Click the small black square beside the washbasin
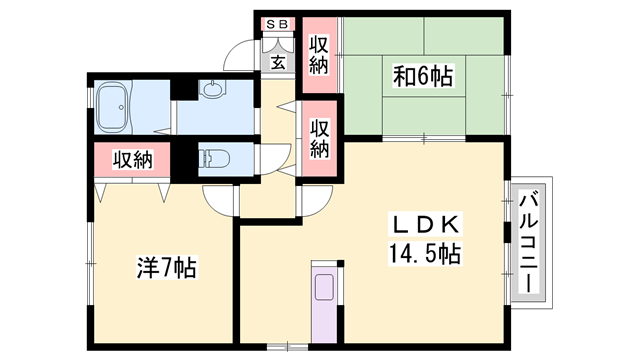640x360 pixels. [x=181, y=88]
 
